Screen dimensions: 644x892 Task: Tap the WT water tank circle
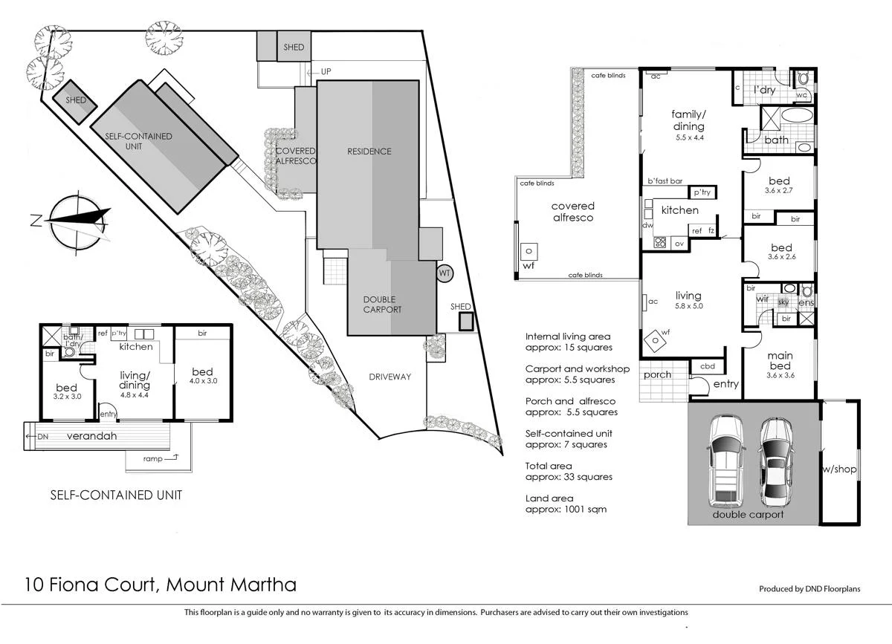(x=445, y=272)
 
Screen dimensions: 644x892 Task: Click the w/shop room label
(x=839, y=469)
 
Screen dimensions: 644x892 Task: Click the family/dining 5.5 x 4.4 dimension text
(x=688, y=137)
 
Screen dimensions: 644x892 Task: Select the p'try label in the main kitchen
(x=702, y=192)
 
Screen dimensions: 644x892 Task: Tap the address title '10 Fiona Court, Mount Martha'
(x=161, y=585)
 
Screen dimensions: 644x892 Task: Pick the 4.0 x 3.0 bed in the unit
(x=202, y=377)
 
